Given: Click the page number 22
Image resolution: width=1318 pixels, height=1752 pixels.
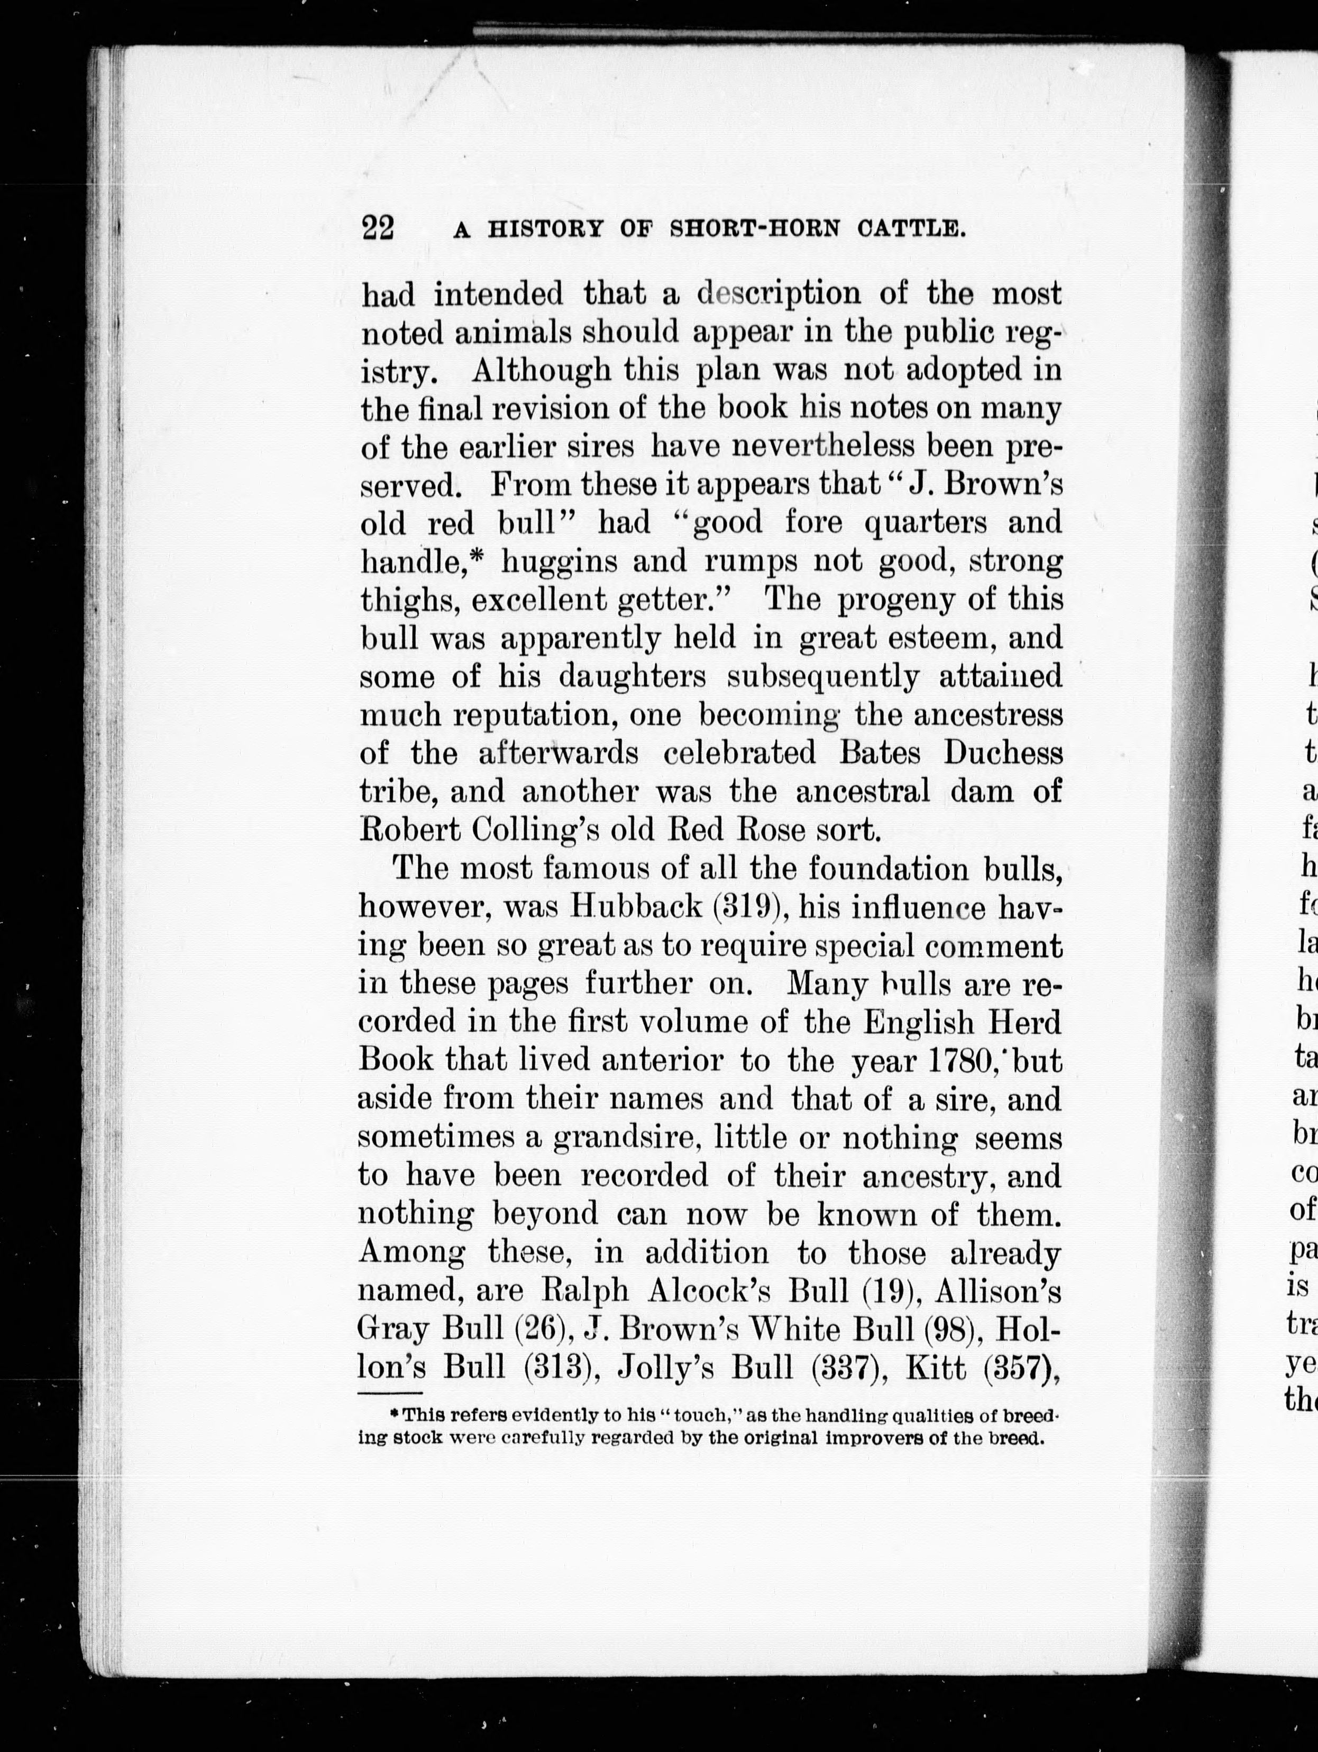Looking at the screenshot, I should pos(378,228).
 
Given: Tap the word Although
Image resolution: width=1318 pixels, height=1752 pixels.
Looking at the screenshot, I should pos(542,371).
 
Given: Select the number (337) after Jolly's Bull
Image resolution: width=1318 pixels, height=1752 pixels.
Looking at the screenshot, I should pos(848,1368).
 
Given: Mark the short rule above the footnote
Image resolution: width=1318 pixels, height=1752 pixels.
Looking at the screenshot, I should pos(390,1393).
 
